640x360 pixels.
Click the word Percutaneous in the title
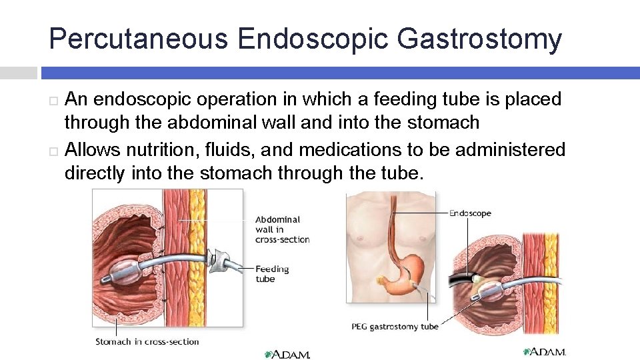(139, 39)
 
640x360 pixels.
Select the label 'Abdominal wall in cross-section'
(282, 229)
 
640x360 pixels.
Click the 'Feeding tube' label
(272, 274)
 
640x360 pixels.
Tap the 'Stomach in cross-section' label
(147, 342)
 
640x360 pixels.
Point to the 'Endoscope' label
(470, 213)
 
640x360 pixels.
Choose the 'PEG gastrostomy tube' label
(395, 327)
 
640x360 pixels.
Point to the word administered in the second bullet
(509, 149)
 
